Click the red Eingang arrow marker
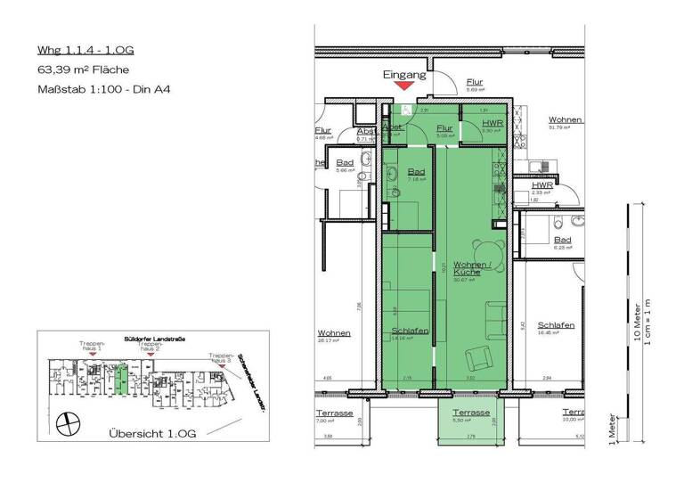click(404, 86)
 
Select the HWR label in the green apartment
click(491, 124)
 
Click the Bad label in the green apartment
click(415, 171)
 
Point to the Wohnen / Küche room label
click(468, 268)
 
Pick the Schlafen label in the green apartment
click(411, 331)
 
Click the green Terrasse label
click(469, 413)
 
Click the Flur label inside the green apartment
click(444, 128)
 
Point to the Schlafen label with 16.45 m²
click(556, 326)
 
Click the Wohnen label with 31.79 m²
click(566, 120)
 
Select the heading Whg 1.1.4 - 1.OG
click(85, 49)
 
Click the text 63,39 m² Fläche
click(83, 69)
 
